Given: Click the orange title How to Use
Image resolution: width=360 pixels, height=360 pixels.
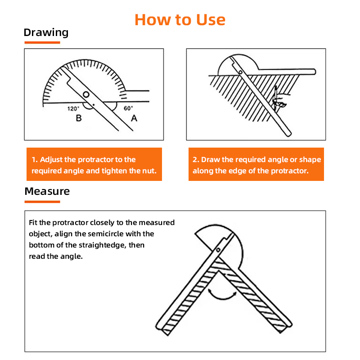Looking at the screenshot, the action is pos(180,20).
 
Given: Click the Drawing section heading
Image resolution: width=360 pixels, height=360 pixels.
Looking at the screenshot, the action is pos(46,33).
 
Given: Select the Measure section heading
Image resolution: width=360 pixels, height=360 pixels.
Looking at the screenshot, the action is pos(47,191).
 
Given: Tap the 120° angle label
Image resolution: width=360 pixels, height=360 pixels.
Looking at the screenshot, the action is pos(73,108).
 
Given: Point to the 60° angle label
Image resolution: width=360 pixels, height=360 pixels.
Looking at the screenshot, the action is pos(128,108).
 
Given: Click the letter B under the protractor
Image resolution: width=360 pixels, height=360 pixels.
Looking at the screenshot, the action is pos(79,118).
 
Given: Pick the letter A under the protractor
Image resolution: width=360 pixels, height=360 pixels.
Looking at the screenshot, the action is pos(134,118).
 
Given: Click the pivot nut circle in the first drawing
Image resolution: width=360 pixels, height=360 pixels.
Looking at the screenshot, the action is pos(86,94).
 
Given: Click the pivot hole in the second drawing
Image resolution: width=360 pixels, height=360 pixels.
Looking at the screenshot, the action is pos(240,72).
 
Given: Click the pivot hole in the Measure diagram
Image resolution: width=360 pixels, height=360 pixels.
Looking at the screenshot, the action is pos(218,250).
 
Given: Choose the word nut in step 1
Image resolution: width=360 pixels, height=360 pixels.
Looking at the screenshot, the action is pos(150,171).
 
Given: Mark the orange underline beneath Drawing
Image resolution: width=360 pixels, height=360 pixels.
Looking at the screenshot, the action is pos(42,42).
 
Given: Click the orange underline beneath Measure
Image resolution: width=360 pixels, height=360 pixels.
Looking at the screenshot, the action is pos(42,202).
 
